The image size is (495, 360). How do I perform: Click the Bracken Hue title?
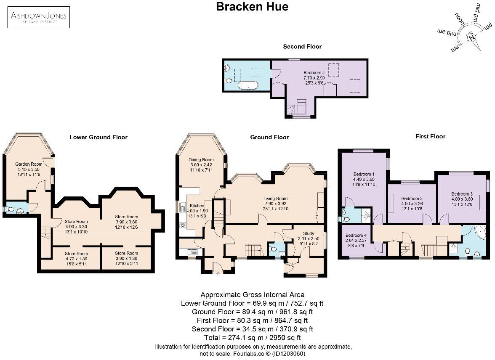(x=252, y=7)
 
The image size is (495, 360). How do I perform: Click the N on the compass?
(x=473, y=37)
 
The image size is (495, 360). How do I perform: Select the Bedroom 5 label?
(x=314, y=72)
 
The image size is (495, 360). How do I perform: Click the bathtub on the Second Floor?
(x=248, y=86)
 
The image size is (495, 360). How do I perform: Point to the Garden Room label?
(x=27, y=164)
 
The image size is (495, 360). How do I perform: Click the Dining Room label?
(x=201, y=160)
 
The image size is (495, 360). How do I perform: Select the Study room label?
(x=309, y=233)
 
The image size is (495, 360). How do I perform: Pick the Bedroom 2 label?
(x=412, y=199)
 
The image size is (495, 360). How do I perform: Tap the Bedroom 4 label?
(x=355, y=236)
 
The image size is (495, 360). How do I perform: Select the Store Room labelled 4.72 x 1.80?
(x=76, y=254)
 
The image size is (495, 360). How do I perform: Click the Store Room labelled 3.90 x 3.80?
(x=127, y=217)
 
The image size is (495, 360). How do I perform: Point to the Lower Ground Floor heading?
(x=98, y=137)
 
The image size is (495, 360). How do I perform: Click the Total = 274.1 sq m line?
(x=253, y=337)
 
